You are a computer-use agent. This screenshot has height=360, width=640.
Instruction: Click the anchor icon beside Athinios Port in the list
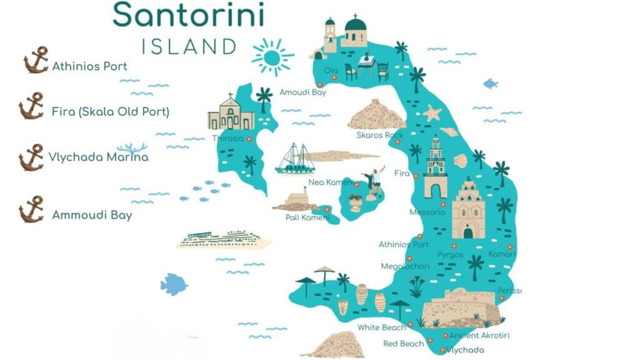(36, 60)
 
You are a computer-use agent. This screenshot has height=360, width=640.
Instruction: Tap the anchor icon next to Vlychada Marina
(31, 157)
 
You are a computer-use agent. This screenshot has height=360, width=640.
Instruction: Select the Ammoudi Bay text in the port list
(92, 215)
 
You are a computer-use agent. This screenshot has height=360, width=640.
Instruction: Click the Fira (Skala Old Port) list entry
(111, 112)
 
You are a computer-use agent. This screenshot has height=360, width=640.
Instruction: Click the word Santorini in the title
(188, 15)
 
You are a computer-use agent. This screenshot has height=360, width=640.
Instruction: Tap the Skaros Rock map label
(379, 135)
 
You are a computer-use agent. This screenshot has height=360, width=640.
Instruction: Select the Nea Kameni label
(330, 183)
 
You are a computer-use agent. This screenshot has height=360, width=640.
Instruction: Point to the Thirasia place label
(227, 138)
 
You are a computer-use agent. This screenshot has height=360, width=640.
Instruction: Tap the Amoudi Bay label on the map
(302, 92)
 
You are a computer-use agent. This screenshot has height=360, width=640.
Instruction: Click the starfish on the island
(432, 113)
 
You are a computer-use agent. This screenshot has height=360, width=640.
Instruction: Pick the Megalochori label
(405, 266)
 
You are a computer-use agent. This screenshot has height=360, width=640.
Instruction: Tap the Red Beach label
(403, 344)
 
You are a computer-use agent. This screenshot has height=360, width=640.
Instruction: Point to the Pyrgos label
(450, 254)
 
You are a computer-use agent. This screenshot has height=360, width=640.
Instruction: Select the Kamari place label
(501, 254)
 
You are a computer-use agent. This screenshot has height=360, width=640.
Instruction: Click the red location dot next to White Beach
(411, 327)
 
